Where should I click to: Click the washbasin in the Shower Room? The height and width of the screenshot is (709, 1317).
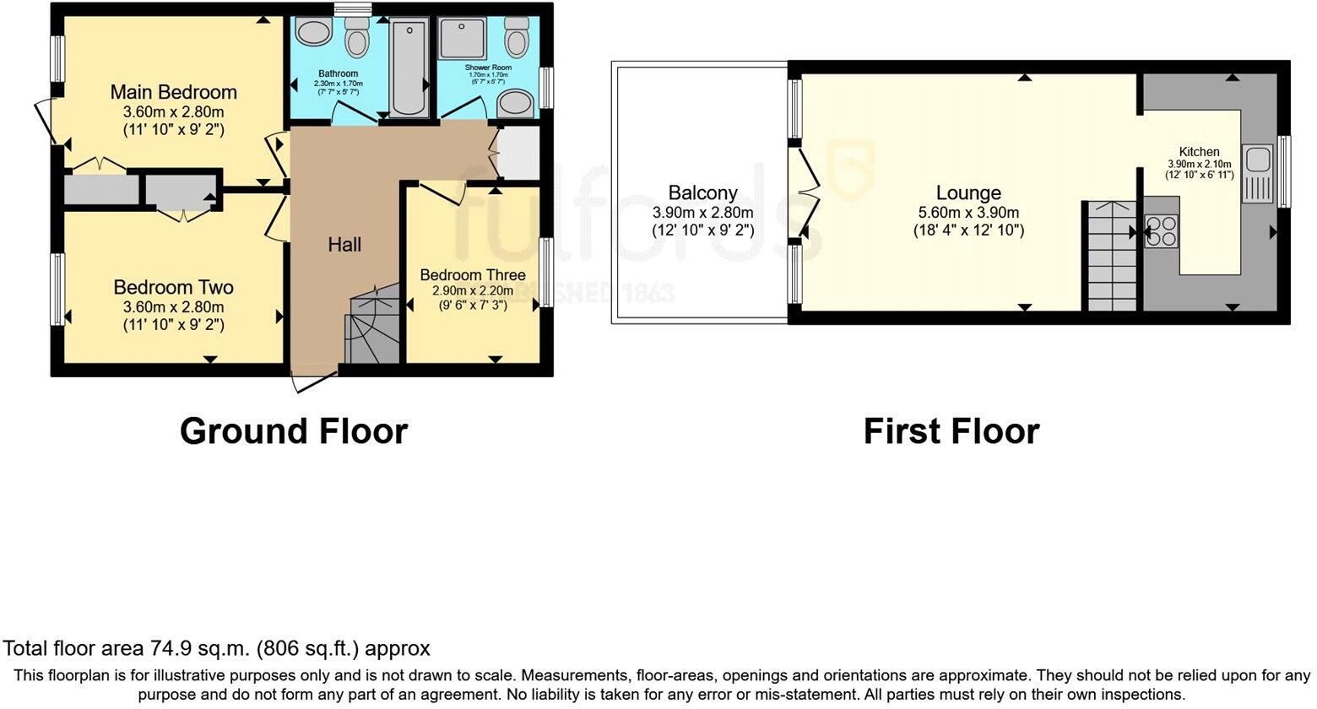coord(516,104)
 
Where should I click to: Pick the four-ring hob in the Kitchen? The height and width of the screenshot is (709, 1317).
coord(1161,230)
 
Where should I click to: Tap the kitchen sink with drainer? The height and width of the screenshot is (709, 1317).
coord(1257,173)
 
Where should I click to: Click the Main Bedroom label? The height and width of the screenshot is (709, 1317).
coord(173,92)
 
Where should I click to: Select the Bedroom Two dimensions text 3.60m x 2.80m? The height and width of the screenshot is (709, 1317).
coord(173,307)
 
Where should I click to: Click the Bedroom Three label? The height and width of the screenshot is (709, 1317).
coord(472,275)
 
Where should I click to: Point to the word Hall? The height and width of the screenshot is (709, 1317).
coord(344,245)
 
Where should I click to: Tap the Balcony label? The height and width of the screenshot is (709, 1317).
coord(702,192)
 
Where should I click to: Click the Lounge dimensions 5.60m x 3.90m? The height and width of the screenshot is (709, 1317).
coord(967,213)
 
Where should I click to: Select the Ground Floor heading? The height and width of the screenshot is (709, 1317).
coord(293,431)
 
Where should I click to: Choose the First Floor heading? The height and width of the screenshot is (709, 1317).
coord(951,431)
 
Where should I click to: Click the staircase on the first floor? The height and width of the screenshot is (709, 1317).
coord(1111,257)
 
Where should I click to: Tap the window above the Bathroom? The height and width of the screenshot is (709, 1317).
coord(351,9)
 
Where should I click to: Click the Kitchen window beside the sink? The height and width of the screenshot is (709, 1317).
coord(1284,171)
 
